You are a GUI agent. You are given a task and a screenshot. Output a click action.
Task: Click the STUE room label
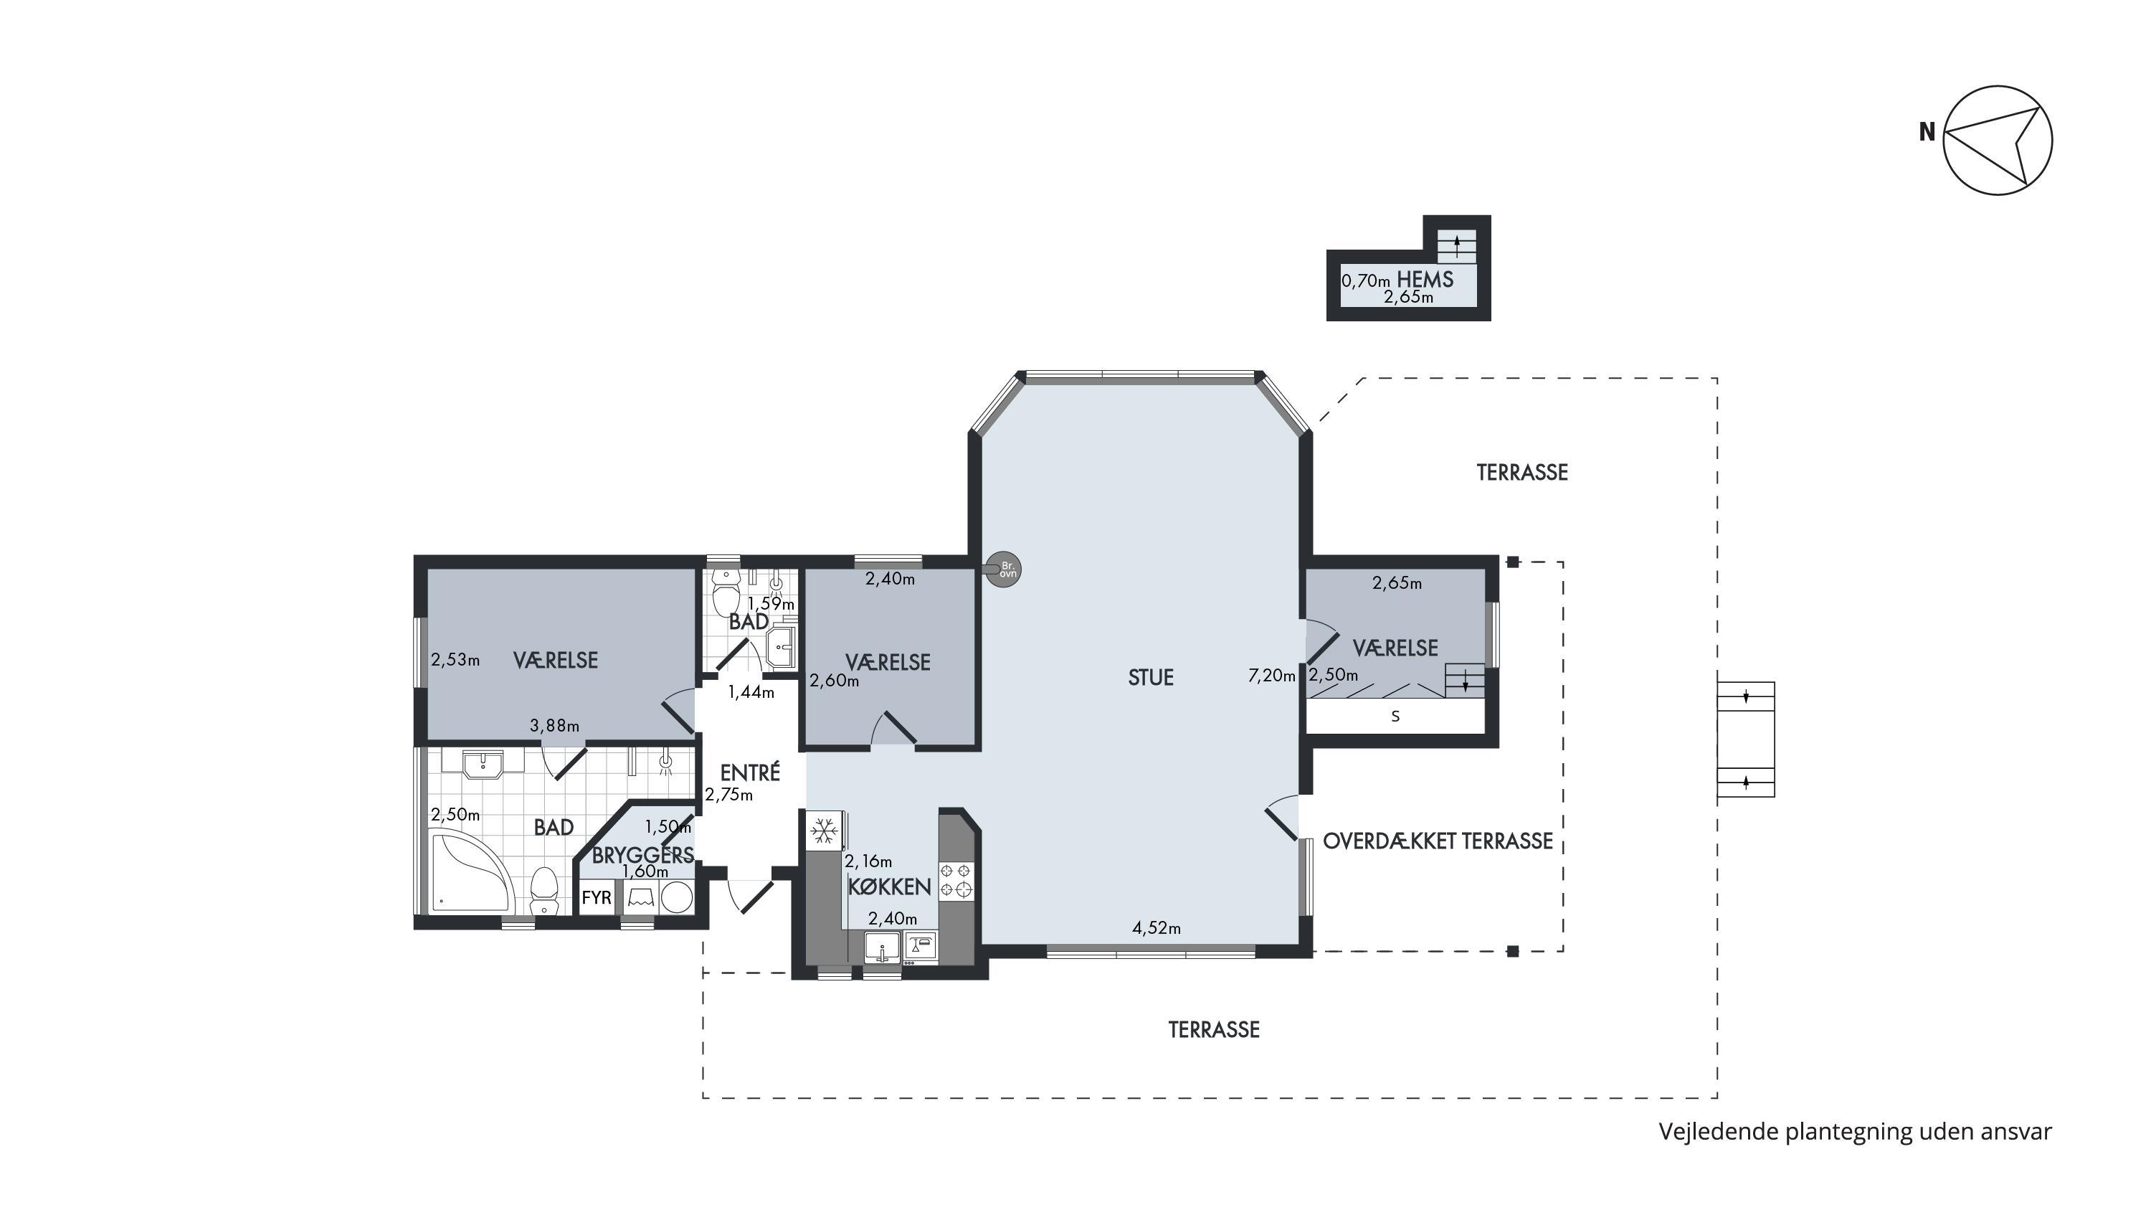1151,677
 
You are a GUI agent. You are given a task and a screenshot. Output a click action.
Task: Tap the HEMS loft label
1425,280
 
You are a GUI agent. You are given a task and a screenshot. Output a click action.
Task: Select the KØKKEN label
889,887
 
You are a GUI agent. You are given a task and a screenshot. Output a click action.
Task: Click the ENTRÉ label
750,772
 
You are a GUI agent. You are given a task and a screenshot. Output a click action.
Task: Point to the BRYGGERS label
643,855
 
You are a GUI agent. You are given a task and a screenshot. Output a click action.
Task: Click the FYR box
597,899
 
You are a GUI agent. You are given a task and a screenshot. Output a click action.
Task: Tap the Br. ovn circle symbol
1005,570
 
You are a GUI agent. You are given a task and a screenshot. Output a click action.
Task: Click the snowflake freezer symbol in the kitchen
825,831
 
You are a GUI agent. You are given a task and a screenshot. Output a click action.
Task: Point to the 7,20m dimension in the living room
1272,676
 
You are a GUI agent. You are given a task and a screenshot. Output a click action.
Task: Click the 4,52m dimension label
1157,927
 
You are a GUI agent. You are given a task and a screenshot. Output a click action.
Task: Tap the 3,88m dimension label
554,726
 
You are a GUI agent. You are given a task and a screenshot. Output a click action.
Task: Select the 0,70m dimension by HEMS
1366,281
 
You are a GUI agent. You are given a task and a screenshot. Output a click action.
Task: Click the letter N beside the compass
1927,132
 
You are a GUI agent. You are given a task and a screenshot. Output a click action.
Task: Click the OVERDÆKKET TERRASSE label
1438,841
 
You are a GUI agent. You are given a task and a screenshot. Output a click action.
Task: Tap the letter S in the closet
1395,717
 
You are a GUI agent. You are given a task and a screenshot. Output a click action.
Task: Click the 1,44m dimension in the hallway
751,692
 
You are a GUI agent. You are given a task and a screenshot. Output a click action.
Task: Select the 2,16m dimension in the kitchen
868,861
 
